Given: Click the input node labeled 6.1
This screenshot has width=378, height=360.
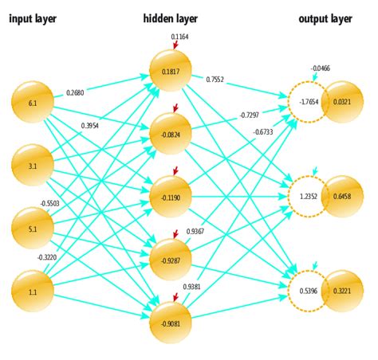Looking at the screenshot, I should tap(33, 103).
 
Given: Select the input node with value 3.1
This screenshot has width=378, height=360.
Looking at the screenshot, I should tap(33, 165).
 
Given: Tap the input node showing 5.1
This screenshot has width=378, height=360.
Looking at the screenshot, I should tap(33, 228).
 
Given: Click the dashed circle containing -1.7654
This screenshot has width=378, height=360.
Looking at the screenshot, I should tap(307, 102).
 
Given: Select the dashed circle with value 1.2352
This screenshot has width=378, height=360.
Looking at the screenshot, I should tap(307, 196).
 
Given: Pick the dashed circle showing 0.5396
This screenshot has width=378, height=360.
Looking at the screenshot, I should tap(307, 290).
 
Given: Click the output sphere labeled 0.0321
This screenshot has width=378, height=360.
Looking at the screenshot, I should tap(342, 102).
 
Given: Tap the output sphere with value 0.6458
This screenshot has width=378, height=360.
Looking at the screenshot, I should tap(342, 196).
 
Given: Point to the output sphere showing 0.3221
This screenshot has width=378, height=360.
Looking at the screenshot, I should tap(342, 290).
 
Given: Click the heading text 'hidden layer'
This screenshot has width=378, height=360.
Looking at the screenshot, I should tap(169, 18).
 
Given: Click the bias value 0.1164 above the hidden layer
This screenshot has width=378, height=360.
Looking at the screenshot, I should tap(181, 37).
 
